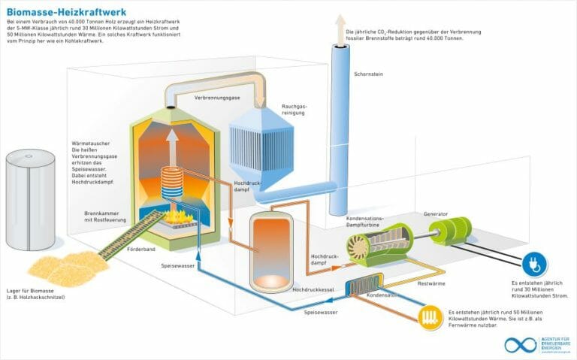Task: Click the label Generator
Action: pyautogui.click(x=437, y=213)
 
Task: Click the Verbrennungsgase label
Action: pyautogui.click(x=217, y=98)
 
